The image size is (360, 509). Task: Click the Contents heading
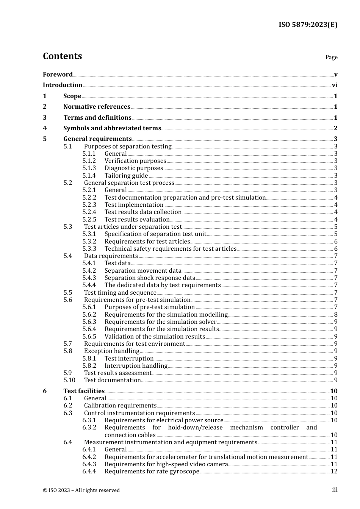62,56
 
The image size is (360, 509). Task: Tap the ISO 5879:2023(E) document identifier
308,25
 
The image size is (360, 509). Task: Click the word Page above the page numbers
331,57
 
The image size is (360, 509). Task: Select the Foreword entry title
58,74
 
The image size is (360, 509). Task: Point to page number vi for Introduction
335,85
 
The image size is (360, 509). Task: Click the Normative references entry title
97,107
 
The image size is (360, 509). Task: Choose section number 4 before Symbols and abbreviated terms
45,128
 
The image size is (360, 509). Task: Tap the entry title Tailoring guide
126,176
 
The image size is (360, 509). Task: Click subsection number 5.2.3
89,205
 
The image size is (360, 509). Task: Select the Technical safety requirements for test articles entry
171,249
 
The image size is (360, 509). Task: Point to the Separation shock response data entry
150,278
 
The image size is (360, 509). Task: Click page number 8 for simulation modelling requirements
336,315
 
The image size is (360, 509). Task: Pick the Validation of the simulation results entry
155,337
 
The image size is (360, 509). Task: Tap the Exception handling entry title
111,351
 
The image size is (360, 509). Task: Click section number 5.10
69,380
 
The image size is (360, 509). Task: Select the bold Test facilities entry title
84,391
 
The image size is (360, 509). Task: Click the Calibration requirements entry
120,406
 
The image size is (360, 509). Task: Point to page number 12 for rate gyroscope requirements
334,472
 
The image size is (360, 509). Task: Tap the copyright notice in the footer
81,490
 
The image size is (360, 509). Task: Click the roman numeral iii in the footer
335,490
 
